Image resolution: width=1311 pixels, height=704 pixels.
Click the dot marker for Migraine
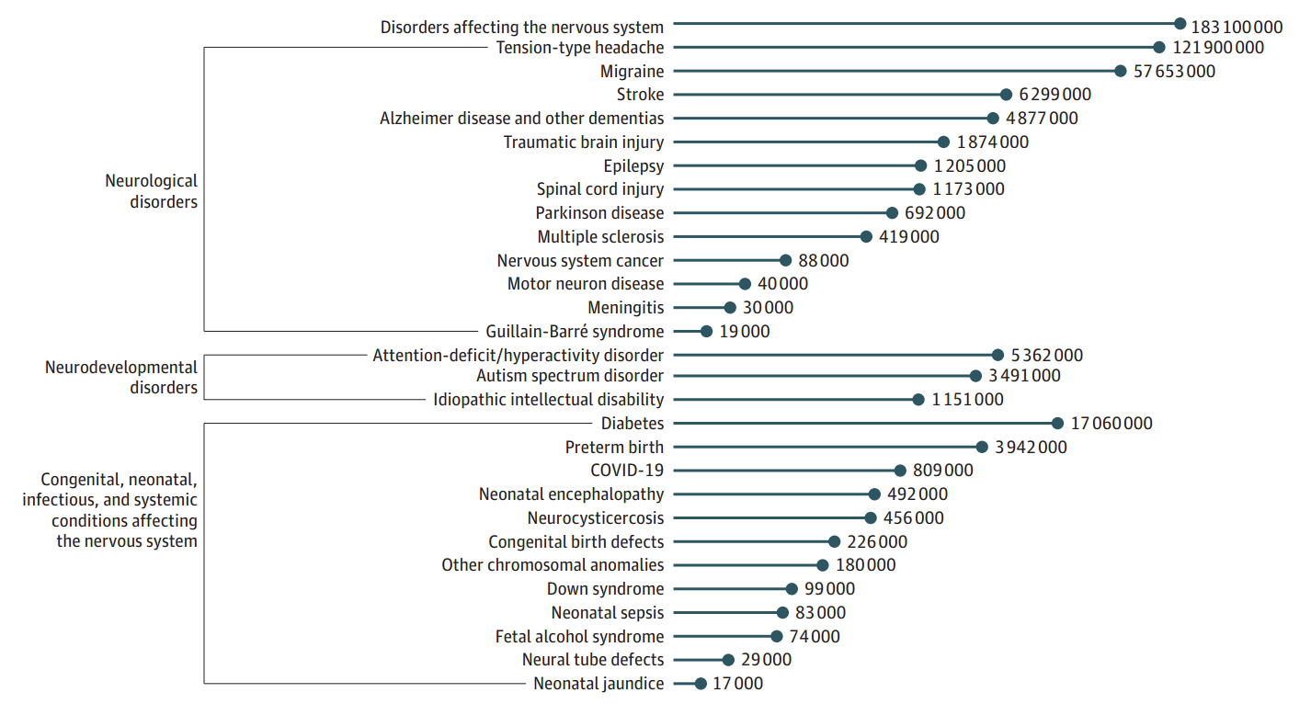[1120, 71]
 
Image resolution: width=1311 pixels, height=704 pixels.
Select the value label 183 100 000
[1237, 27]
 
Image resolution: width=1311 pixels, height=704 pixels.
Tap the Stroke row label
[640, 95]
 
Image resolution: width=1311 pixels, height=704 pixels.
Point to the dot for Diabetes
[1057, 424]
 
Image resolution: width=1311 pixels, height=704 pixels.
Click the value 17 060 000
[1111, 424]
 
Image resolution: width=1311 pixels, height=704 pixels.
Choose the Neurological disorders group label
[151, 191]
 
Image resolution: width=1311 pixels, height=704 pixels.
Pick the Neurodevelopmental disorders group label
[121, 378]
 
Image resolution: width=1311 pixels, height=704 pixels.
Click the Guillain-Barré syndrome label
[575, 332]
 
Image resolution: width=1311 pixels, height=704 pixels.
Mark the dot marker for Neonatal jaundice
[701, 684]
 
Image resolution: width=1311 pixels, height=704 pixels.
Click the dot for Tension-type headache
[1159, 47]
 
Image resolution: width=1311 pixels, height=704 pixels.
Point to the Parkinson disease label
[599, 213]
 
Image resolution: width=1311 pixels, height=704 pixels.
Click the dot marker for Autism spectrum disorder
[975, 376]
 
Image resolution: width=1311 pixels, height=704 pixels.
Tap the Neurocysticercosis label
[595, 518]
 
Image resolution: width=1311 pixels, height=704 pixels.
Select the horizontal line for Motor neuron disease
[708, 284]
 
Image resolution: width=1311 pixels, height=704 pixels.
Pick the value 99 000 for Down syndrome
[829, 589]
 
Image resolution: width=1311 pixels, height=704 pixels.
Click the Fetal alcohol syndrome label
[579, 637]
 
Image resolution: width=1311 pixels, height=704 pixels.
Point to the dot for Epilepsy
[920, 166]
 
